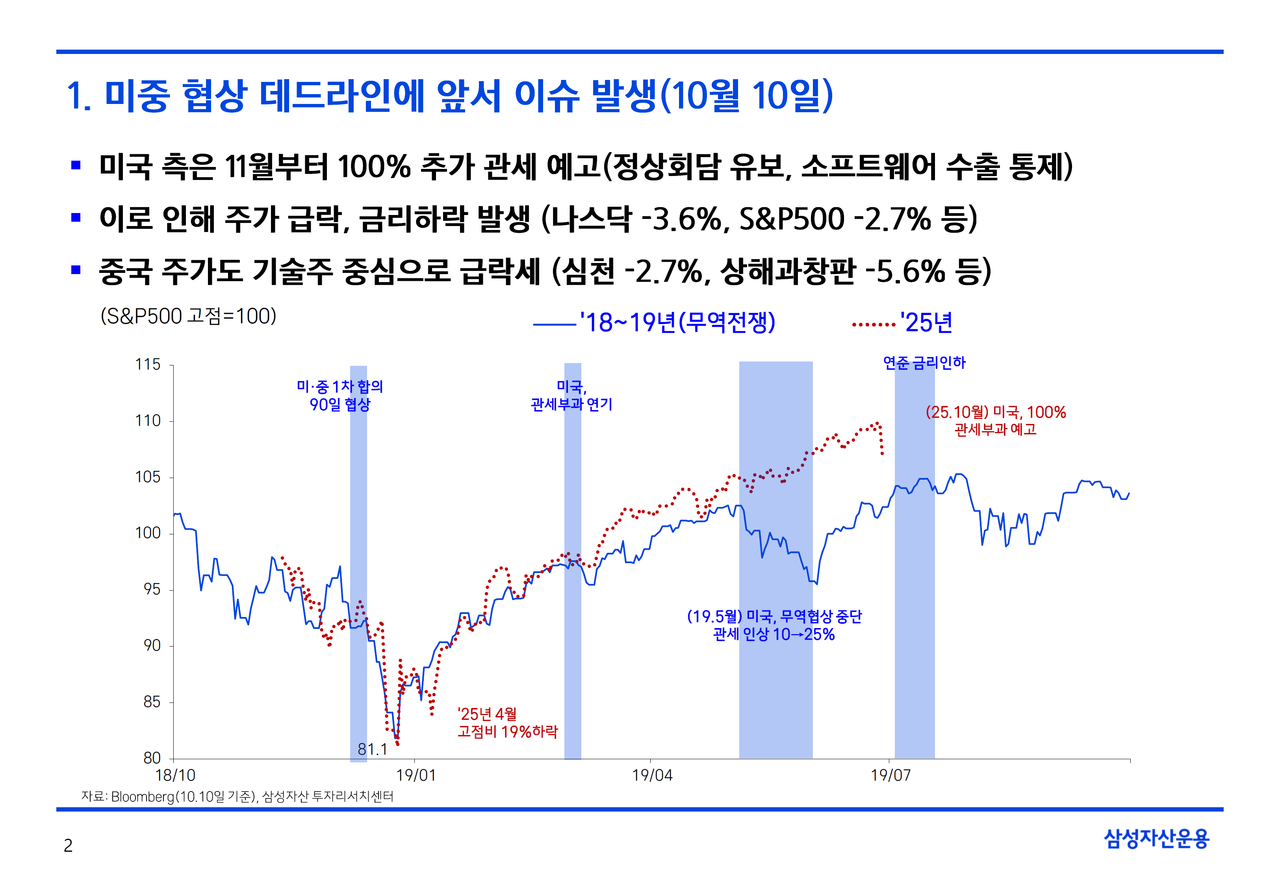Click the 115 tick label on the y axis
pyautogui.click(x=148, y=365)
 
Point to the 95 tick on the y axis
pyautogui.click(x=152, y=589)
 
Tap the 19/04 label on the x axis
pyautogui.click(x=652, y=775)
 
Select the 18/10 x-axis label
pyautogui.click(x=175, y=775)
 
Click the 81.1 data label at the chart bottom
pyautogui.click(x=373, y=749)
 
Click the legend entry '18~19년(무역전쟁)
pyautogui.click(x=677, y=323)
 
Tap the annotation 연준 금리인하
pyautogui.click(x=924, y=363)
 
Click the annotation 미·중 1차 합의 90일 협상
pyautogui.click(x=340, y=395)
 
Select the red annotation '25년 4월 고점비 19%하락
pyautogui.click(x=507, y=723)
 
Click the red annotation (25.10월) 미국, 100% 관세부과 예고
pyautogui.click(x=995, y=420)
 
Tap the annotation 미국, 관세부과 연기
pyautogui.click(x=572, y=395)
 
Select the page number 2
pyautogui.click(x=68, y=845)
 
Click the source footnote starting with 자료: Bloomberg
pyautogui.click(x=237, y=797)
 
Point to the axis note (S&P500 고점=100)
pyautogui.click(x=188, y=317)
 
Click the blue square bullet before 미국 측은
pyautogui.click(x=76, y=165)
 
